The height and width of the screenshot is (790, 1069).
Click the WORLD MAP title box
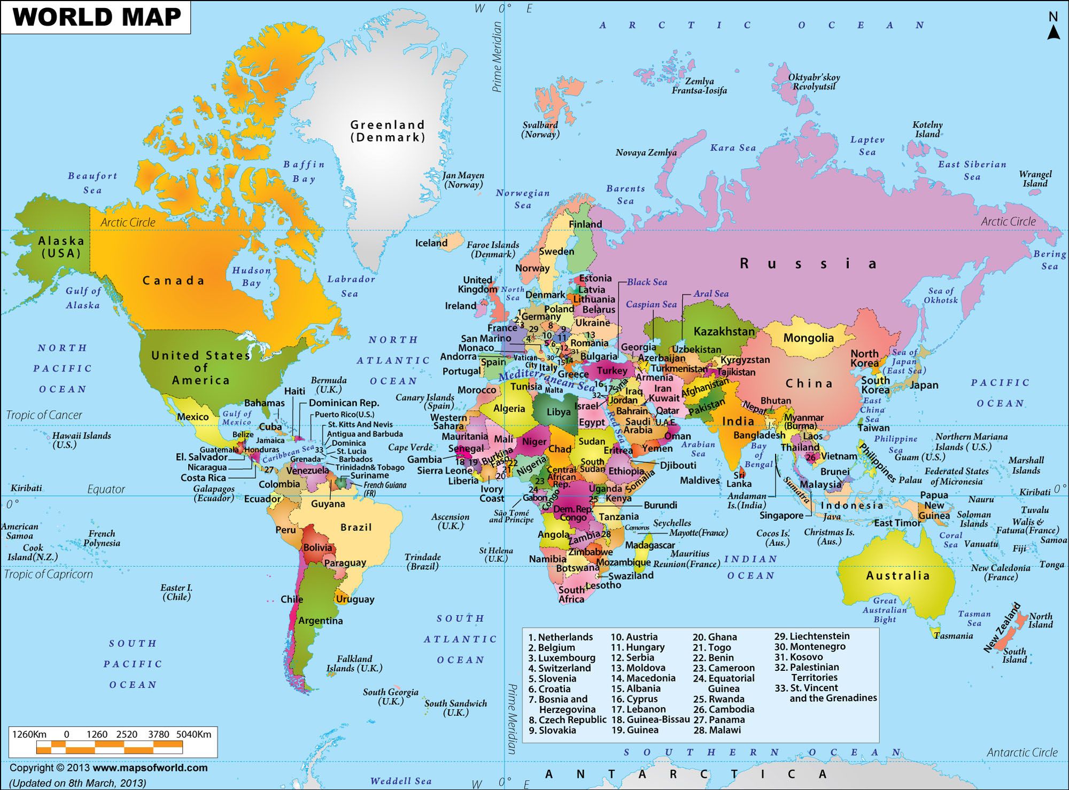(x=96, y=17)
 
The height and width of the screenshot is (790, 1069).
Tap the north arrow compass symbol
(x=1052, y=27)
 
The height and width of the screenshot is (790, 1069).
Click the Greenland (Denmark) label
(x=388, y=131)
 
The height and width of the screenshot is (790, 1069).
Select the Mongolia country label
(x=808, y=338)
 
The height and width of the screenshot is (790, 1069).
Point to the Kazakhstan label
(x=724, y=331)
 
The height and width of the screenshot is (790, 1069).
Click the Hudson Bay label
(x=251, y=277)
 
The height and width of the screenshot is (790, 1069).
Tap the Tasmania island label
(x=954, y=636)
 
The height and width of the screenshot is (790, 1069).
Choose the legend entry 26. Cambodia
(x=731, y=709)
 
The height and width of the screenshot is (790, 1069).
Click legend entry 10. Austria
(x=634, y=637)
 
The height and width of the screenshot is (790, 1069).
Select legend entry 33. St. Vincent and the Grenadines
(x=825, y=693)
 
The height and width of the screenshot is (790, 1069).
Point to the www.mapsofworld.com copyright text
(x=150, y=768)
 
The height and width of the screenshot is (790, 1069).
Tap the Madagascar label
(x=649, y=545)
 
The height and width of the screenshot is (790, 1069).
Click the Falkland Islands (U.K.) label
(x=354, y=663)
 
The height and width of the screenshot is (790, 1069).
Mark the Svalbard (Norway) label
(x=540, y=129)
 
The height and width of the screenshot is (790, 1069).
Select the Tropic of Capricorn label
(x=48, y=574)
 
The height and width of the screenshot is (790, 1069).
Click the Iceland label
(x=431, y=243)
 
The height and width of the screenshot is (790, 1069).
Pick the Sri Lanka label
(x=739, y=479)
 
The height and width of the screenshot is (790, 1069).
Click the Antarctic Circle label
(x=1022, y=753)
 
